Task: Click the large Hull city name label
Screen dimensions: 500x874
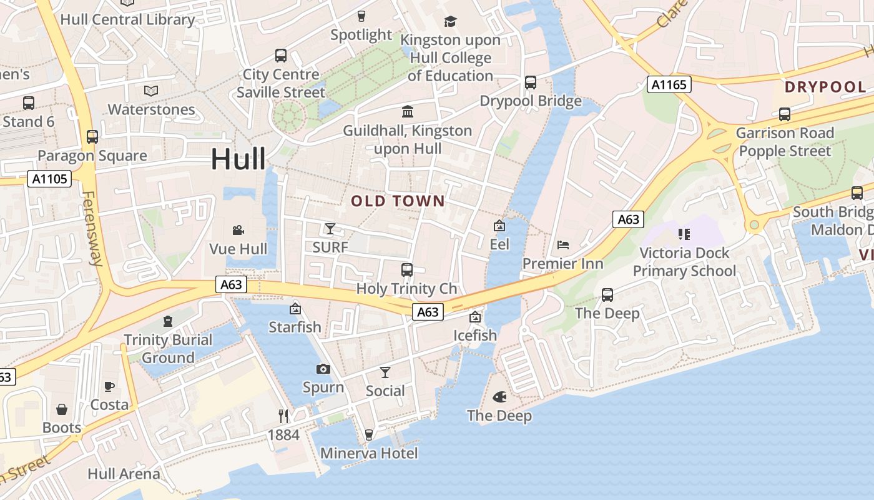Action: (x=238, y=159)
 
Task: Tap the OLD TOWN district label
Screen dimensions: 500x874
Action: (x=398, y=201)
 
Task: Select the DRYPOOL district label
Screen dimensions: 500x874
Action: (x=825, y=87)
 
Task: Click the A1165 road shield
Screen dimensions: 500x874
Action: (x=669, y=84)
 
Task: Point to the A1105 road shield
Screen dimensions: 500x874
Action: (x=49, y=179)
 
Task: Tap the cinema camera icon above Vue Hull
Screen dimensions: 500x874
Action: (x=238, y=230)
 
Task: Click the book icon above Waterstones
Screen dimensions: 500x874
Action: (x=151, y=91)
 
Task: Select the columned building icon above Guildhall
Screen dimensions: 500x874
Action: (x=408, y=112)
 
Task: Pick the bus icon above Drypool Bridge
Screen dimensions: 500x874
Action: (x=531, y=82)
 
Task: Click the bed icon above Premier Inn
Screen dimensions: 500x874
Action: (x=562, y=244)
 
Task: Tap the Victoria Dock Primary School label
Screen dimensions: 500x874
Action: (x=684, y=262)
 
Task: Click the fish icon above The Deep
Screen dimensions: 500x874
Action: (x=499, y=396)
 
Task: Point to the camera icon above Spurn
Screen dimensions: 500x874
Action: (x=323, y=369)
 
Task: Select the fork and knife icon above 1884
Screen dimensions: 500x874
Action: (x=283, y=416)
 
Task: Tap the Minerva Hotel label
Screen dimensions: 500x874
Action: (x=369, y=453)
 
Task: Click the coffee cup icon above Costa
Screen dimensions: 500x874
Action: (x=109, y=386)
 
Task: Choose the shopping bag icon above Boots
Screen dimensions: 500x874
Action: (x=62, y=409)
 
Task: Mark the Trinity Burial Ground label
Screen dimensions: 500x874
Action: (x=168, y=349)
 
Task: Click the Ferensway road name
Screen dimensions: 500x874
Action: (x=92, y=228)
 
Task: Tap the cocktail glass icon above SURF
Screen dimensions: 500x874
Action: (x=330, y=228)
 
